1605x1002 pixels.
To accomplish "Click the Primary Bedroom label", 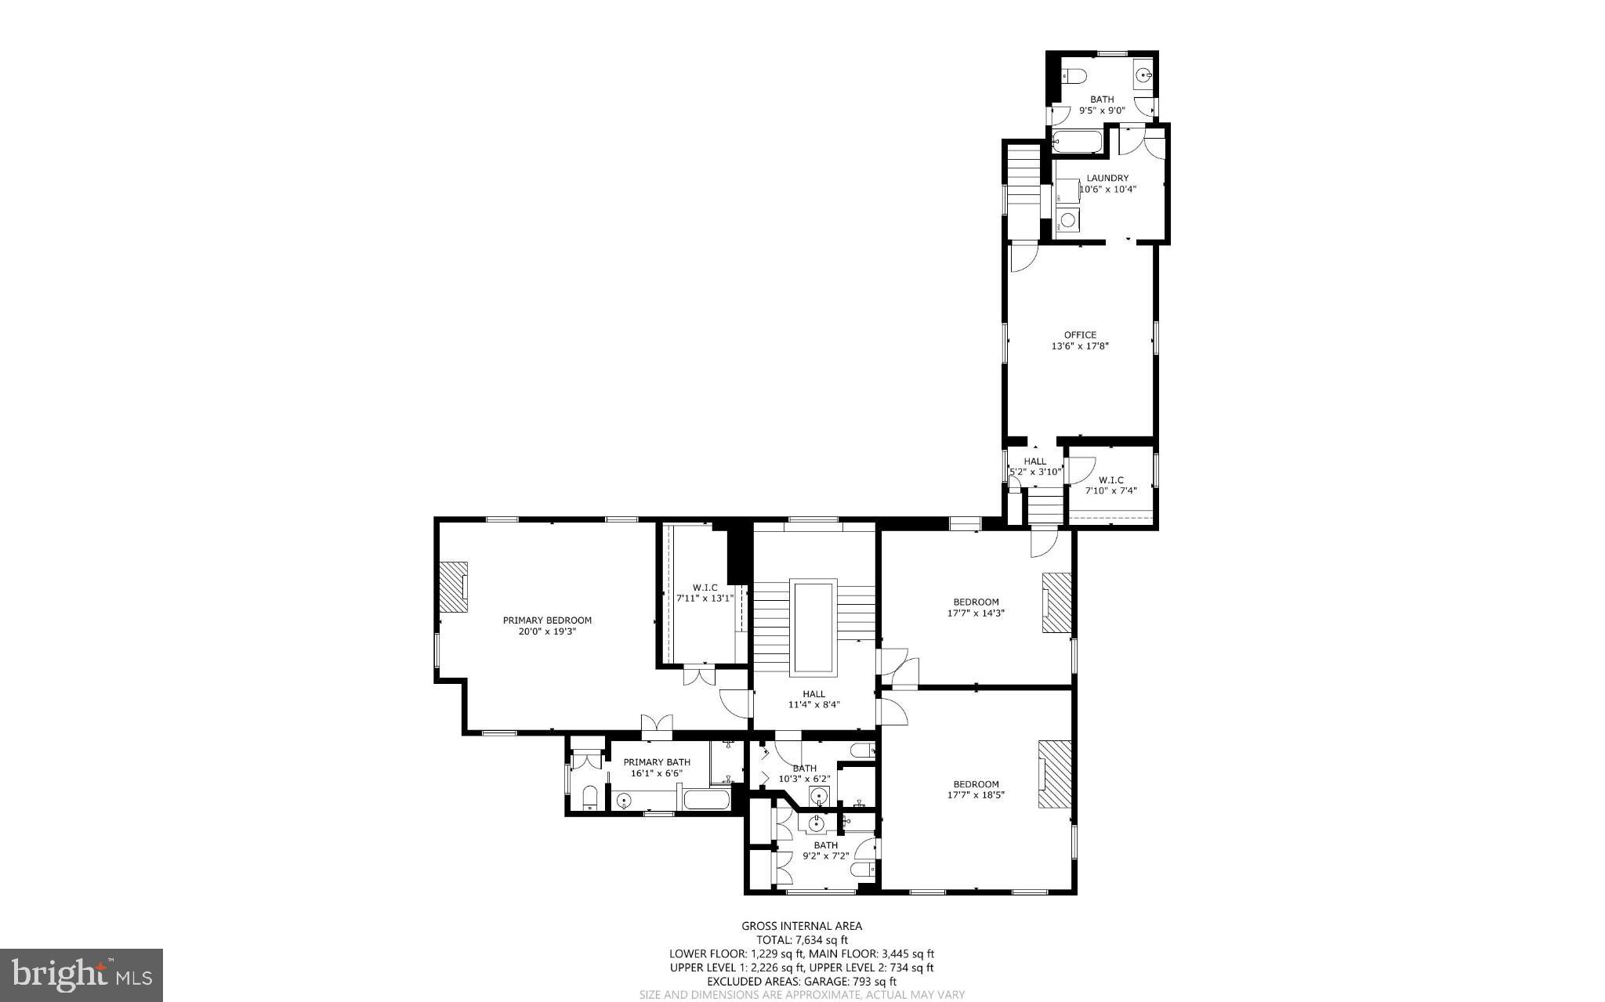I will (547, 620).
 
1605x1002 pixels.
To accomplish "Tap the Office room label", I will (1080, 335).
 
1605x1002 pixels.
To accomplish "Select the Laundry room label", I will (1107, 178).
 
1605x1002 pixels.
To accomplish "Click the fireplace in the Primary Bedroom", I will (452, 587).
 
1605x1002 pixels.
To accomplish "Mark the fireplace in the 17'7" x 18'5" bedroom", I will (1055, 773).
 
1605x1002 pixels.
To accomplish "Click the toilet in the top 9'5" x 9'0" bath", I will (1073, 76).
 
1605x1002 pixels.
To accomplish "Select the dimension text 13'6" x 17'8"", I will (1080, 345).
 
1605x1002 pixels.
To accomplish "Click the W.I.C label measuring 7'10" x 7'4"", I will (1110, 479).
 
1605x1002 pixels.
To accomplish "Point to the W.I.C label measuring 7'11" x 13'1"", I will (705, 587).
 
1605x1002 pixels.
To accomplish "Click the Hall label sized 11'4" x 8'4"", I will (813, 693).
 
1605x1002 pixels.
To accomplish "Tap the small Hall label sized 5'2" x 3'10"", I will (1034, 461).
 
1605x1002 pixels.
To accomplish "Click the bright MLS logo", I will (82, 975).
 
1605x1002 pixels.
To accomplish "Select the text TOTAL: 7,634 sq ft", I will (802, 940).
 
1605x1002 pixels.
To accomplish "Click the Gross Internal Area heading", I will (802, 926).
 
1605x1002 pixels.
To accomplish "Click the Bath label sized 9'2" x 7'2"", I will (825, 845).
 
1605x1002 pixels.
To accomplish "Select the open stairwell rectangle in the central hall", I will (813, 627).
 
